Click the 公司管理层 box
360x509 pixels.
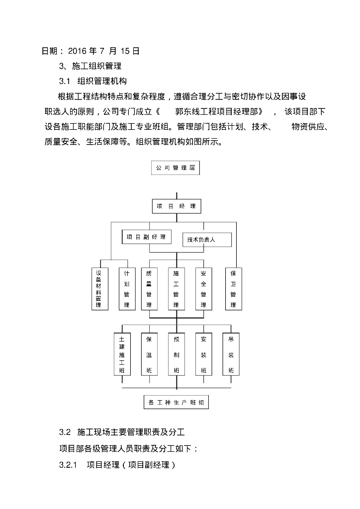(176, 168)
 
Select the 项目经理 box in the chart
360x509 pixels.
(176, 206)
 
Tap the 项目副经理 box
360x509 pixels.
(146, 237)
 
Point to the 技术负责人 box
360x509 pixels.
(207, 240)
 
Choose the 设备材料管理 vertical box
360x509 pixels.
(99, 288)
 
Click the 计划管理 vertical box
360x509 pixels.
(126, 288)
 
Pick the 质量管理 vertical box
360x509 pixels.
(149, 288)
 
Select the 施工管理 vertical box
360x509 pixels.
(176, 288)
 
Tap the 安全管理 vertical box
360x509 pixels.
(203, 288)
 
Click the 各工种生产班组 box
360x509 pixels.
(176, 402)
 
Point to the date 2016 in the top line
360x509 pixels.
(77, 51)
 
